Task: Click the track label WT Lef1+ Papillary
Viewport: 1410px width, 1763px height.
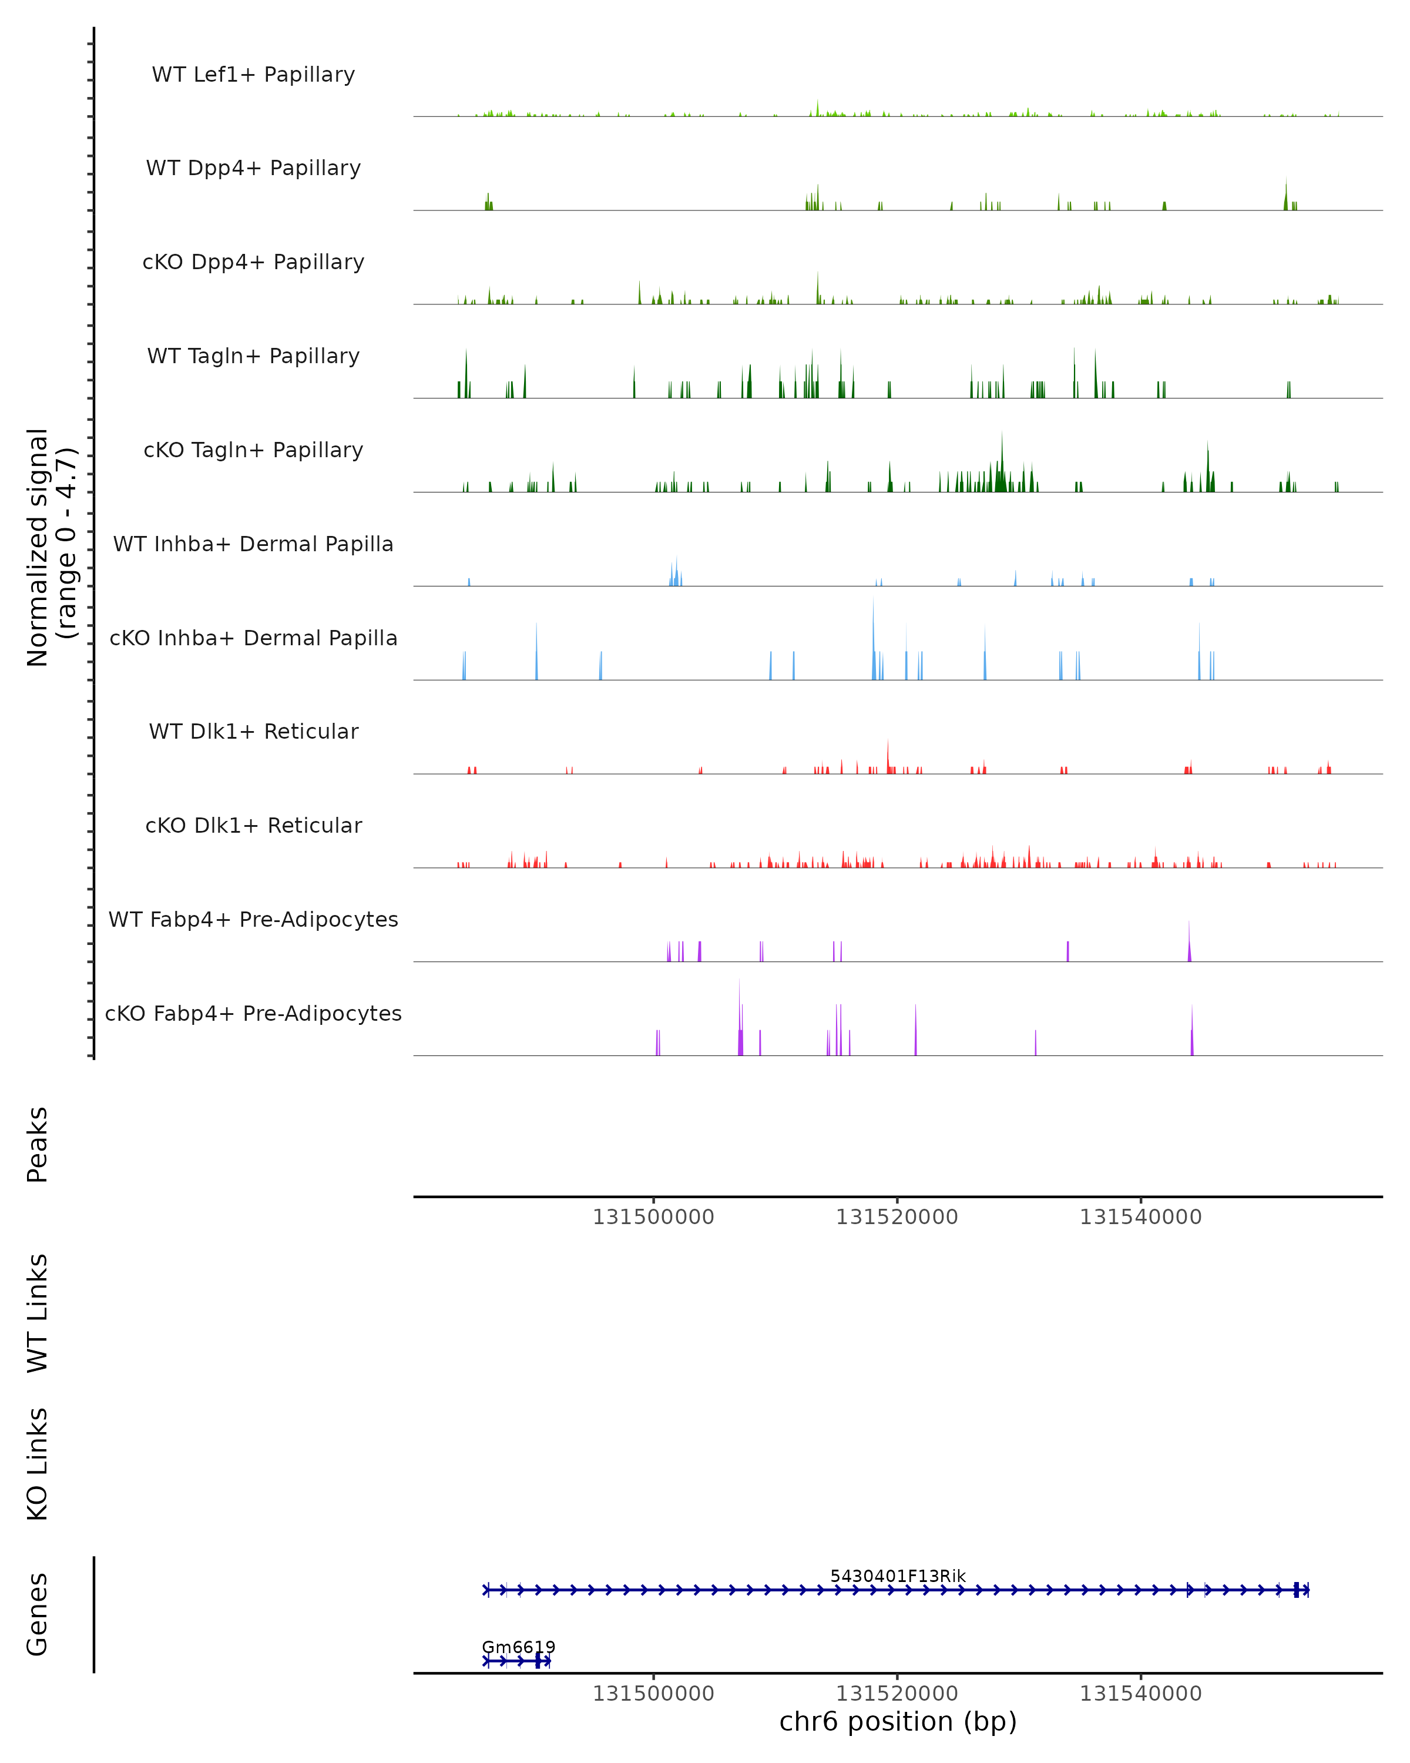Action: (x=253, y=75)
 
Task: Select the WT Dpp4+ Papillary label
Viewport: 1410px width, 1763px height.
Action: (x=253, y=169)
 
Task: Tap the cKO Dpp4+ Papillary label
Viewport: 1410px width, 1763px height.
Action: (x=253, y=263)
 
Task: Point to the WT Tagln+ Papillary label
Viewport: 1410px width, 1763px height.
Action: (x=253, y=357)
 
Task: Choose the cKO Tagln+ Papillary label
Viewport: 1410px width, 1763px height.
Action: (x=253, y=451)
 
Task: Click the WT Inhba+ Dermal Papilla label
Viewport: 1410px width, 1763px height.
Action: (x=253, y=545)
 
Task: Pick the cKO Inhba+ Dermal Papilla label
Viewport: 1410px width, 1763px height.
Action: (x=253, y=639)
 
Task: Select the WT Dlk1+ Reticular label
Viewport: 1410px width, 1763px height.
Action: (x=253, y=732)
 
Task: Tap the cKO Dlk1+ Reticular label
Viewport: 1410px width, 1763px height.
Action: (x=253, y=826)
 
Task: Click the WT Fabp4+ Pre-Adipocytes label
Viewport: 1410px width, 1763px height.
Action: (x=253, y=920)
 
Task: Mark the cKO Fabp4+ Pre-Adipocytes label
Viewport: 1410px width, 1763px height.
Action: (x=253, y=1014)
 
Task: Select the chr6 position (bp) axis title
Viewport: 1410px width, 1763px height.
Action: (x=898, y=1722)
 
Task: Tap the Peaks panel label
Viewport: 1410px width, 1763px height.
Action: (x=38, y=1145)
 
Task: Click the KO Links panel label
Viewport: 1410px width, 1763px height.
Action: (x=38, y=1464)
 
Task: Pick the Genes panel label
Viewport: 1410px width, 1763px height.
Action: (x=38, y=1614)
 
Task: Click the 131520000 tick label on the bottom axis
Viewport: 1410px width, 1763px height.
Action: (x=897, y=1694)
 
